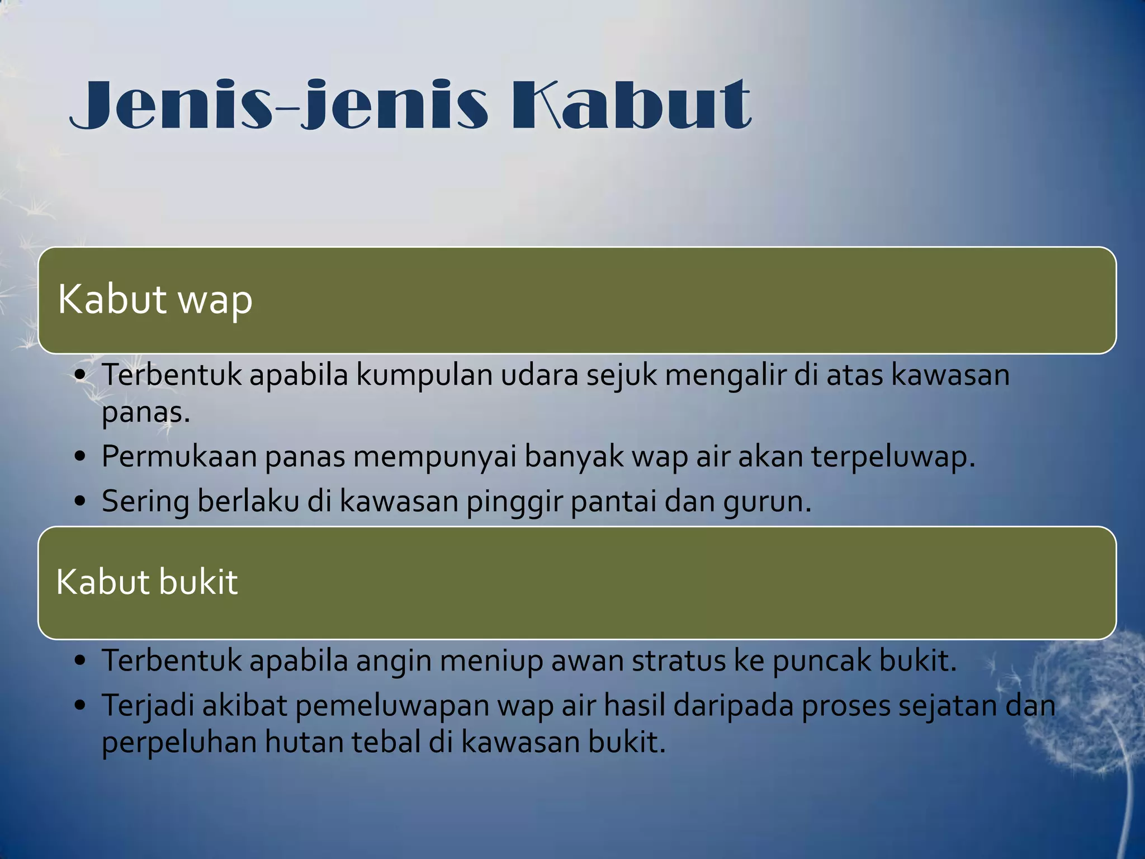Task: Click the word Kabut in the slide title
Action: [x=632, y=105]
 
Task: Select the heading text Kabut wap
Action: [x=155, y=299]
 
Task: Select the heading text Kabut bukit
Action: [x=147, y=582]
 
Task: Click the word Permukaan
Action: [x=179, y=457]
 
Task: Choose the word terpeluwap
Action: [x=893, y=457]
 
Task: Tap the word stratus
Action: [x=678, y=660]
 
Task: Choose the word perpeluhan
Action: [x=179, y=743]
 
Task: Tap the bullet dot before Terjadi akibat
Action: [x=81, y=706]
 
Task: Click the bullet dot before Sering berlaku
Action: [x=81, y=501]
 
